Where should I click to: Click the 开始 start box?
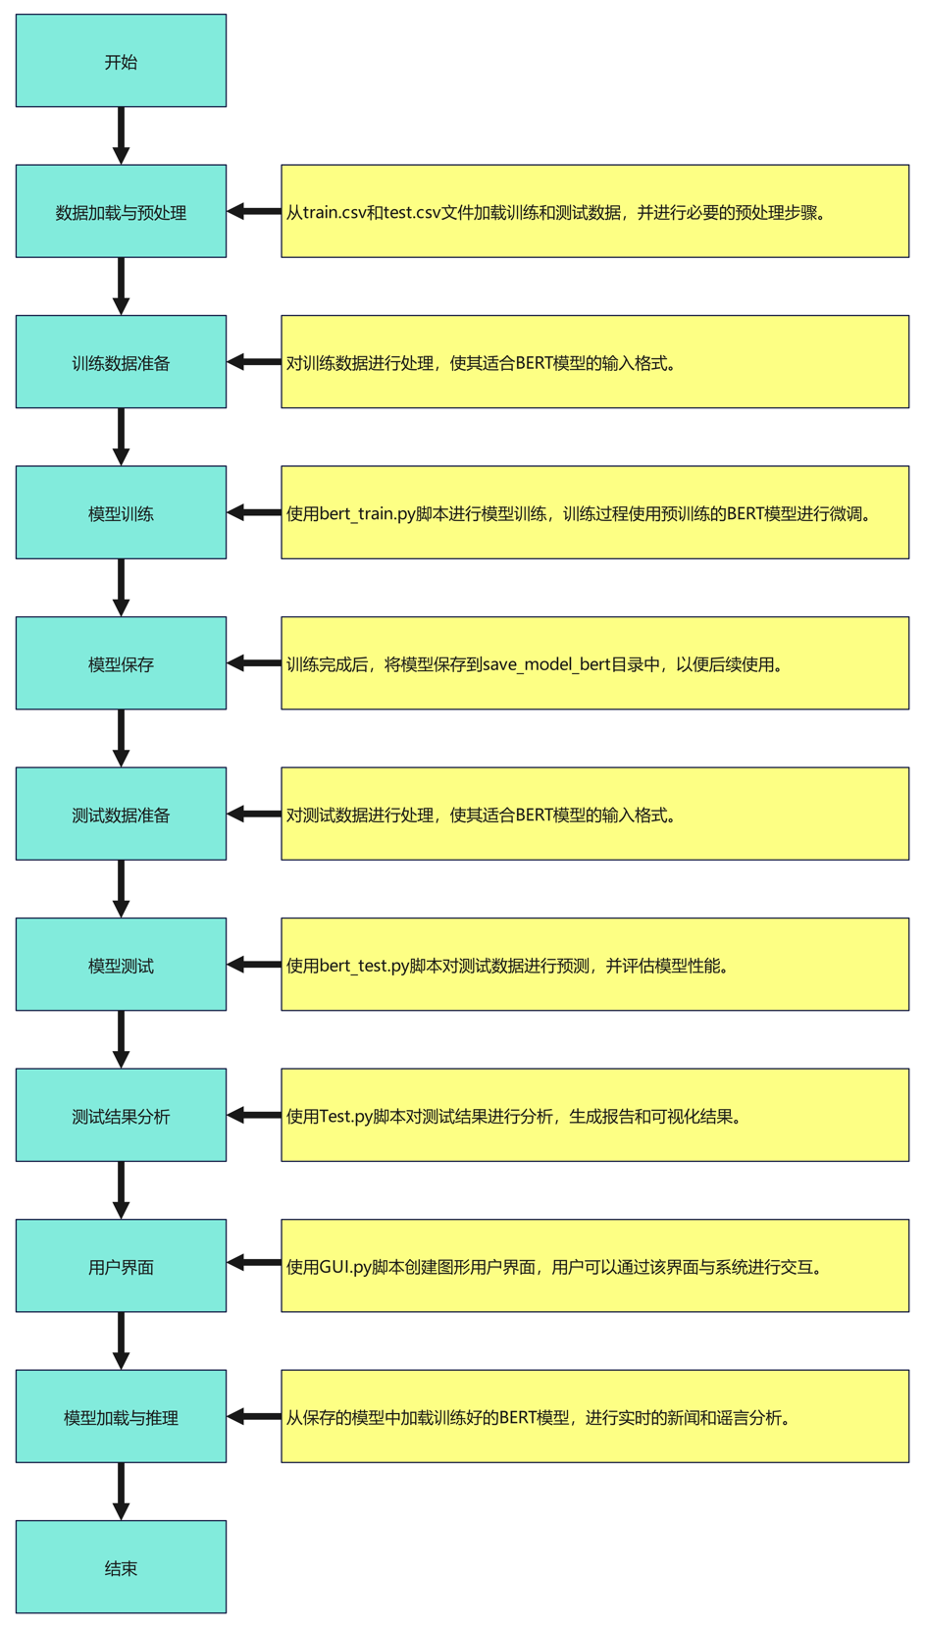click(x=121, y=61)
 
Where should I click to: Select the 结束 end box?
click(x=121, y=1567)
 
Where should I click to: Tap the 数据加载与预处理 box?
click(x=121, y=212)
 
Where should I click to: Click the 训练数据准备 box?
click(x=121, y=362)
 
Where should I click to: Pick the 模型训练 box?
click(x=121, y=513)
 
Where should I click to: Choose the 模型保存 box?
click(x=121, y=663)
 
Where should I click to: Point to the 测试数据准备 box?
click(x=121, y=815)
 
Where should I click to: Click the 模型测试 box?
click(x=121, y=965)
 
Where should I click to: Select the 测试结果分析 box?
click(x=121, y=1116)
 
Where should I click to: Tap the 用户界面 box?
click(x=121, y=1266)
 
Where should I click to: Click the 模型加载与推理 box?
click(x=121, y=1417)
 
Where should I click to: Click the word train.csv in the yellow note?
click(x=334, y=213)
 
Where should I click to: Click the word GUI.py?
click(x=345, y=1268)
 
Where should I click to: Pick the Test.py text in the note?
click(x=345, y=1117)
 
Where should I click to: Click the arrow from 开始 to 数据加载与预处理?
click(x=121, y=135)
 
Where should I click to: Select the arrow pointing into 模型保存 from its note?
click(x=254, y=663)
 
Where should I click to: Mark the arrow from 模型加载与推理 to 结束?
click(x=121, y=1491)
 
